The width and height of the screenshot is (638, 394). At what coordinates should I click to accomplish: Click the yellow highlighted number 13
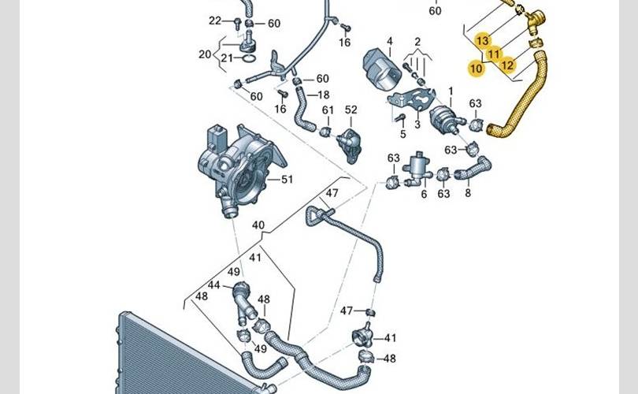tap(482, 41)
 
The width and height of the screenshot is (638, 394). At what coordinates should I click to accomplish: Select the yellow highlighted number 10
tap(476, 69)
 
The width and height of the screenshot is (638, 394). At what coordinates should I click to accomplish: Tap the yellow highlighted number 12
tap(507, 65)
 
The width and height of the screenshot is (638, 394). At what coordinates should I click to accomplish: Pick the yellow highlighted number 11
tap(494, 54)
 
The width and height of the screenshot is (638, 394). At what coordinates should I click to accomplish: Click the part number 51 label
tap(287, 179)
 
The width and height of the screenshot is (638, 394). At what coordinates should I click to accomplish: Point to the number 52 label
tap(351, 110)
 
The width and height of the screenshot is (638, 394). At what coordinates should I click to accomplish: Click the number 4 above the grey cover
tap(390, 41)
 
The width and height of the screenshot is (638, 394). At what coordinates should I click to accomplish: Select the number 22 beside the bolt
tap(215, 20)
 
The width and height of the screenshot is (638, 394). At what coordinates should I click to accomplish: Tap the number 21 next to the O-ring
tap(227, 58)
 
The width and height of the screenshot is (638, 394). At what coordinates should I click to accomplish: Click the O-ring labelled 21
tap(249, 58)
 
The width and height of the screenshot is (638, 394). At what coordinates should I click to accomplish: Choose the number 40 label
tap(258, 225)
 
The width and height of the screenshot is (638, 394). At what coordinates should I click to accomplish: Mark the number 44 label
tap(213, 285)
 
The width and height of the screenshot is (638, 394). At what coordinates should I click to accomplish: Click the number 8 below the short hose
tap(468, 192)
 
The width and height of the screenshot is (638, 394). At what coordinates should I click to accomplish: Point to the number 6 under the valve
tap(424, 194)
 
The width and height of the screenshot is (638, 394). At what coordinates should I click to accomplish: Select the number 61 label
tap(328, 110)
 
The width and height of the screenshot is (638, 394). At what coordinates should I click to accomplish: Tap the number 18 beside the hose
tap(324, 95)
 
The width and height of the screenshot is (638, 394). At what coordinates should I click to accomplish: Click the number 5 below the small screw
tap(402, 134)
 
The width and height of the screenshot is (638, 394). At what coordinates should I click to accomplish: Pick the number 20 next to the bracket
tap(205, 54)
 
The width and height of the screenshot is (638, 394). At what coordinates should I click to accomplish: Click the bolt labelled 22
tap(237, 23)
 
